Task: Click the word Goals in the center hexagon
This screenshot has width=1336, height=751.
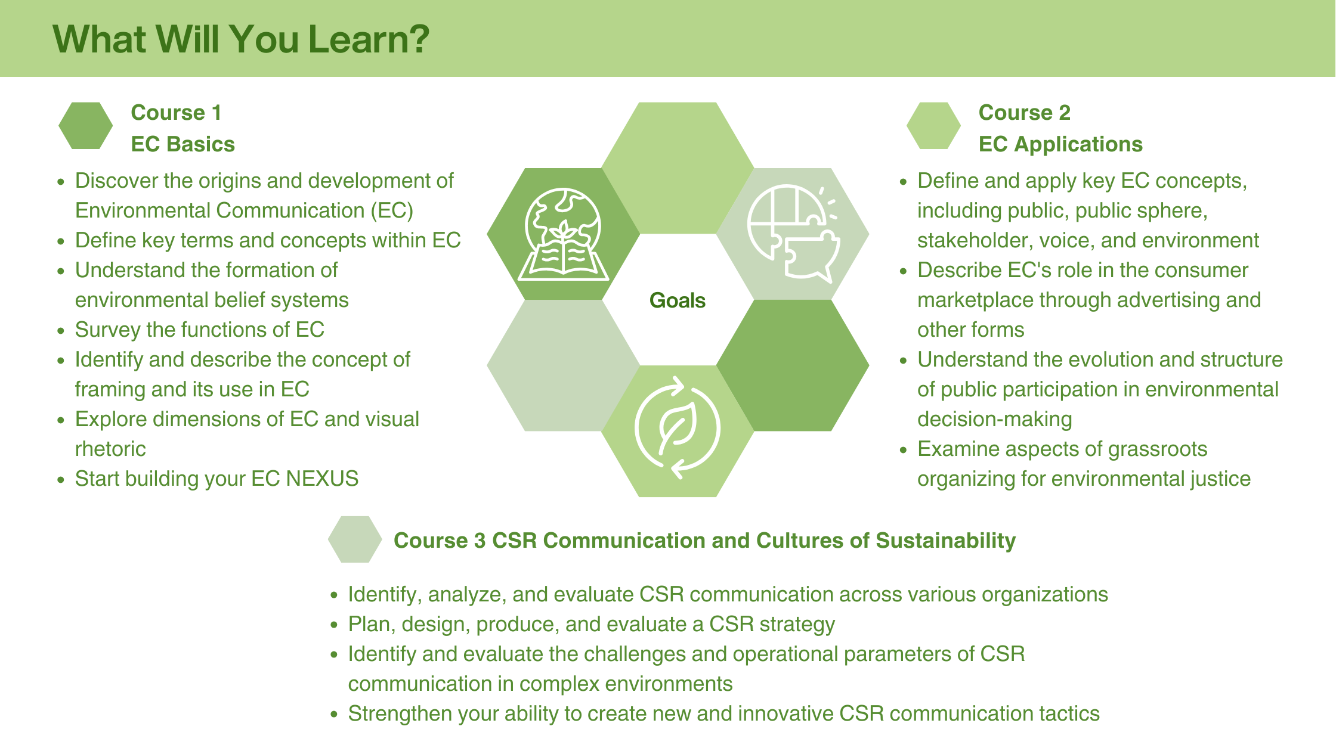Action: click(x=677, y=300)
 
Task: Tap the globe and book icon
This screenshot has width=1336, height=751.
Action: click(x=563, y=234)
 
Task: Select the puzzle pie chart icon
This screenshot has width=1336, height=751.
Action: click(x=793, y=232)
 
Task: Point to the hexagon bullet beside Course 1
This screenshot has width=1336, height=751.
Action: click(x=85, y=126)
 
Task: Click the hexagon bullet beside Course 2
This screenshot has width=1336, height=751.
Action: click(x=933, y=126)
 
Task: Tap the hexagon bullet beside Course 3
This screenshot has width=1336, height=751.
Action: click(x=355, y=539)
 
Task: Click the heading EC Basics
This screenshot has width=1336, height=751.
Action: click(x=183, y=144)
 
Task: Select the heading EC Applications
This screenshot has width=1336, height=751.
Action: click(x=1060, y=144)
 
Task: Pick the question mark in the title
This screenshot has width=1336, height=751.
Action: click(x=417, y=39)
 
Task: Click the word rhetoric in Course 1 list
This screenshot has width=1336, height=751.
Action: click(x=110, y=449)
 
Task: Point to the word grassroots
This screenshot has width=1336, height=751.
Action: click(x=1157, y=449)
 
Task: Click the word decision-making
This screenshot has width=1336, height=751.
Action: click(x=994, y=419)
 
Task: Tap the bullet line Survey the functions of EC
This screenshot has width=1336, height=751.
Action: click(x=199, y=330)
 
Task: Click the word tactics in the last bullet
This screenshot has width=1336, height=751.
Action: click(x=1069, y=713)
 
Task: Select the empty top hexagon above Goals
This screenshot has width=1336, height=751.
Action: click(x=678, y=168)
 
